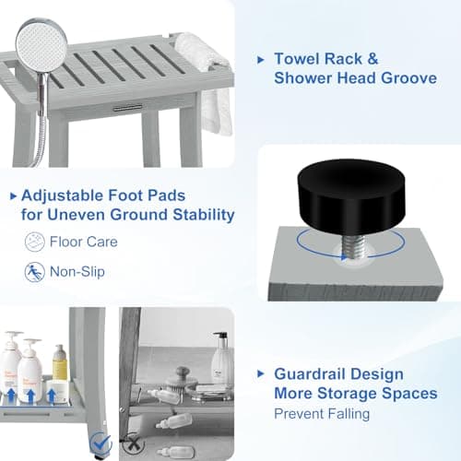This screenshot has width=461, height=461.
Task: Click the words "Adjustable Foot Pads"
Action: pyautogui.click(x=113, y=195)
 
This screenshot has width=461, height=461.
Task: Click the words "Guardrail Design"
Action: pyautogui.click(x=338, y=374)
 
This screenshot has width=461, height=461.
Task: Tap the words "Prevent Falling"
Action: pyautogui.click(x=321, y=413)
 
